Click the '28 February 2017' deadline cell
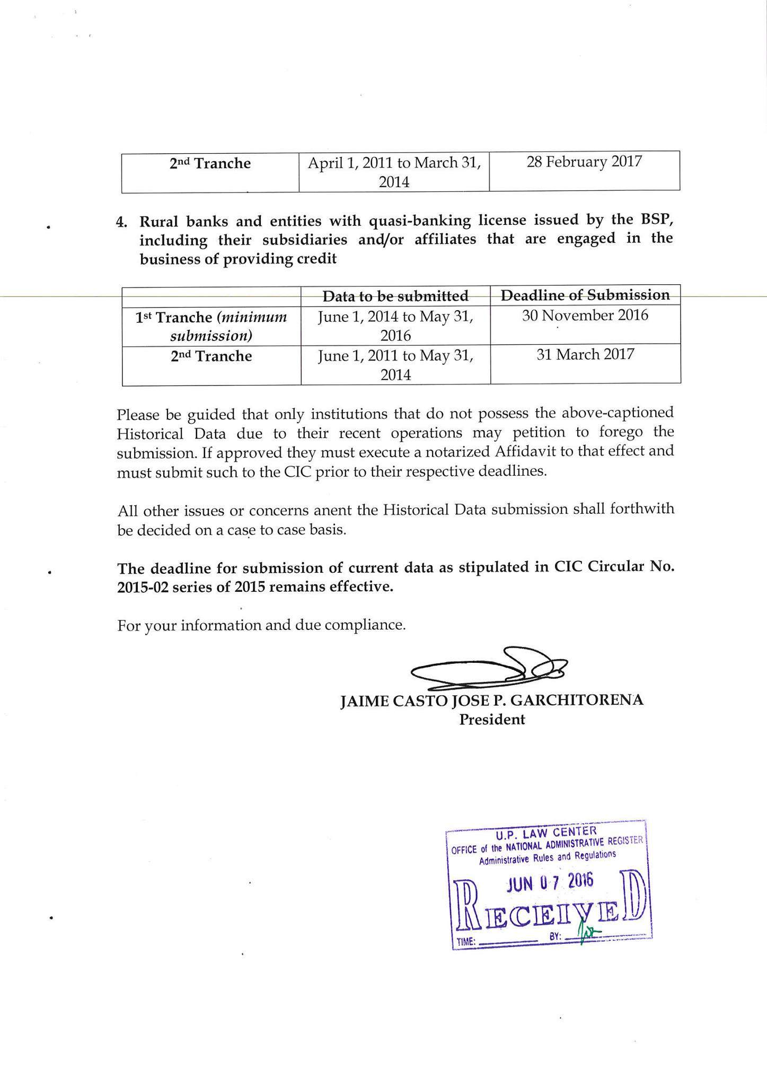[x=584, y=162]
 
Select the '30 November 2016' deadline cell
[x=585, y=316]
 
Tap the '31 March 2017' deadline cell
[x=585, y=354]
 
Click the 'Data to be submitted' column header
[x=395, y=295]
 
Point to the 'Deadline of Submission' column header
[x=585, y=295]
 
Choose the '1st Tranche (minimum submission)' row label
[x=211, y=326]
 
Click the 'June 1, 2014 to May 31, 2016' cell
[x=395, y=326]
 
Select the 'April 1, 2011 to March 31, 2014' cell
[x=394, y=172]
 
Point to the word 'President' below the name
[x=492, y=720]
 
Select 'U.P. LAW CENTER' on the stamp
[x=543, y=831]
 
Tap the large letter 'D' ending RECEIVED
[x=634, y=905]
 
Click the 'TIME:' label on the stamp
[x=466, y=942]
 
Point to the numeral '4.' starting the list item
[x=121, y=222]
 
